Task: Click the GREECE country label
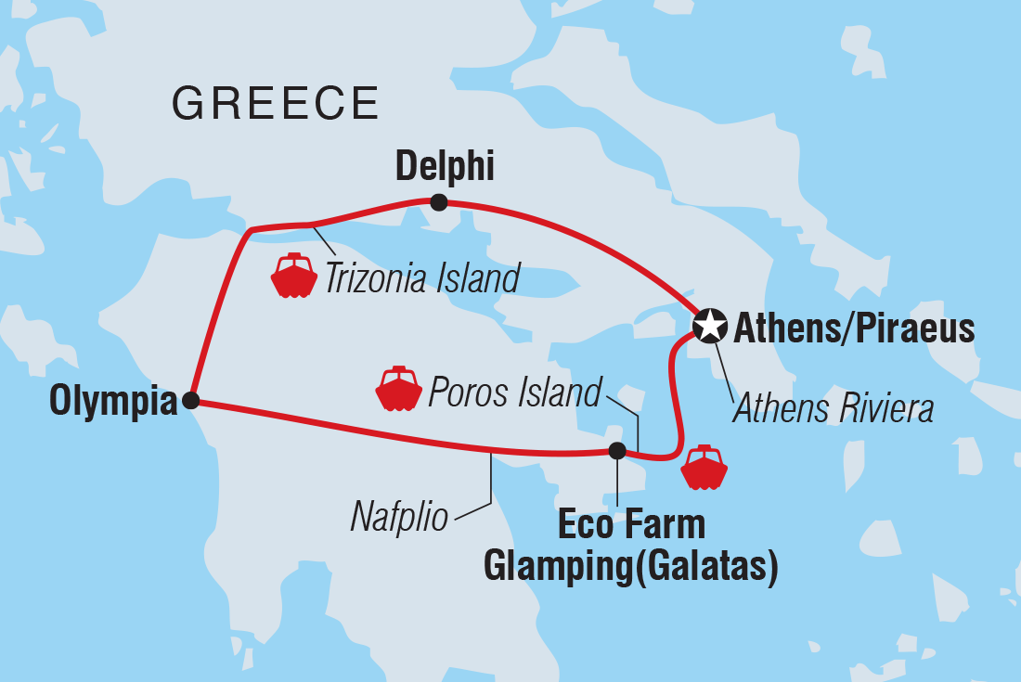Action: click(276, 103)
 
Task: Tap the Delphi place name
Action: click(445, 168)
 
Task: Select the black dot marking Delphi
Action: click(439, 202)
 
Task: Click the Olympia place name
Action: click(113, 402)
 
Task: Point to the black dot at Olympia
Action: click(190, 401)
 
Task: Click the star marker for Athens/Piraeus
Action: click(710, 326)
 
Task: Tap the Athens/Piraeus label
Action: click(854, 328)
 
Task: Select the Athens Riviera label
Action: click(833, 408)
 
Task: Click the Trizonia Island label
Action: click(421, 277)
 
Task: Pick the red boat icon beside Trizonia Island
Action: click(293, 275)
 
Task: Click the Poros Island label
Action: click(514, 392)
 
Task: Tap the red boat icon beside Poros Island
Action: click(398, 390)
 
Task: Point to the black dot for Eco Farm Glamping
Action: click(616, 451)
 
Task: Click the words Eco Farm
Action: click(630, 525)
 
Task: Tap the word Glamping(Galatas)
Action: click(630, 566)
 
